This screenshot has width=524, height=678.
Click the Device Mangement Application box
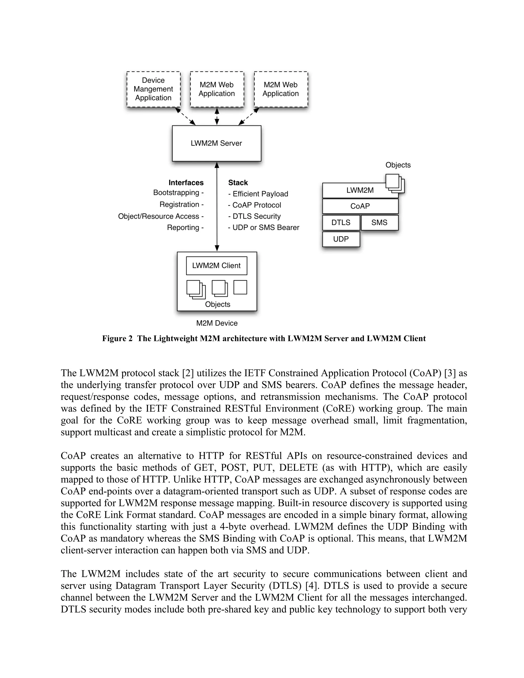pyautogui.click(x=153, y=89)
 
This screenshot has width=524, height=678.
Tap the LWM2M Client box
pyautogui.click(x=216, y=266)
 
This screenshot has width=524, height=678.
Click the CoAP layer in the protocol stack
pyautogui.click(x=360, y=206)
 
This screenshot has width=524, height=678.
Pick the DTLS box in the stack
pyautogui.click(x=341, y=223)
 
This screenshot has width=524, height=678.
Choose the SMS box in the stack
pyautogui.click(x=379, y=223)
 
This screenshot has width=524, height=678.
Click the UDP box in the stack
pyautogui.click(x=341, y=239)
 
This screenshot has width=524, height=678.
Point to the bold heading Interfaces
pyautogui.click(x=186, y=182)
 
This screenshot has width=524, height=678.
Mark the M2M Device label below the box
pyautogui.click(x=217, y=323)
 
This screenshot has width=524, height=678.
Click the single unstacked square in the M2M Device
pyautogui.click(x=240, y=287)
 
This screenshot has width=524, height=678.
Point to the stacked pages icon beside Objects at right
pyautogui.click(x=395, y=183)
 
